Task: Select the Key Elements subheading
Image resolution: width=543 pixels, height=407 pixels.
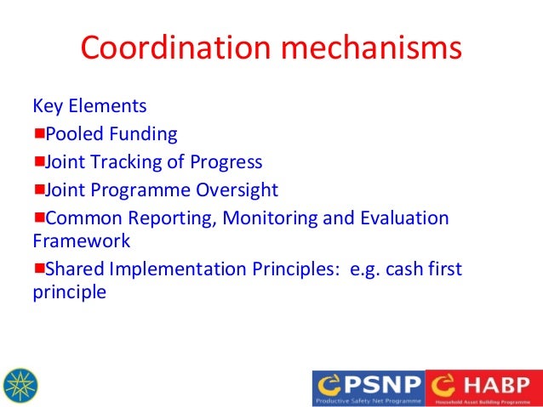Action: [x=89, y=107]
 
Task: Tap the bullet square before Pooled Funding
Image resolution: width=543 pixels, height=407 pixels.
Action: [x=39, y=133]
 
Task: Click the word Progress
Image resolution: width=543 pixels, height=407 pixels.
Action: [x=228, y=162]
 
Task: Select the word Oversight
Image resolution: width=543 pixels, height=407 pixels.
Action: [x=235, y=190]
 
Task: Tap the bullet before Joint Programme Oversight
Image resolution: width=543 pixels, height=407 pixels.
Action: [x=39, y=189]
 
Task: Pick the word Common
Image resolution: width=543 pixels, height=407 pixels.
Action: [x=78, y=218]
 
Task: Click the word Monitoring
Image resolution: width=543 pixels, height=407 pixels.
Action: [x=272, y=218]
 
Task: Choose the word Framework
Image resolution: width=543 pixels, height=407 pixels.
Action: [x=82, y=241]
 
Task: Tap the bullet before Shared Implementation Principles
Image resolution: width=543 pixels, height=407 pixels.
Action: [x=39, y=269]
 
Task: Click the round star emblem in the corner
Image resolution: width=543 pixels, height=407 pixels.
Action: [x=21, y=386]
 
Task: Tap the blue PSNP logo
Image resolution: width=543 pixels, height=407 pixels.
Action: [x=368, y=387]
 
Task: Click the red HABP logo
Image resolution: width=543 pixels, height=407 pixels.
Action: [x=483, y=387]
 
